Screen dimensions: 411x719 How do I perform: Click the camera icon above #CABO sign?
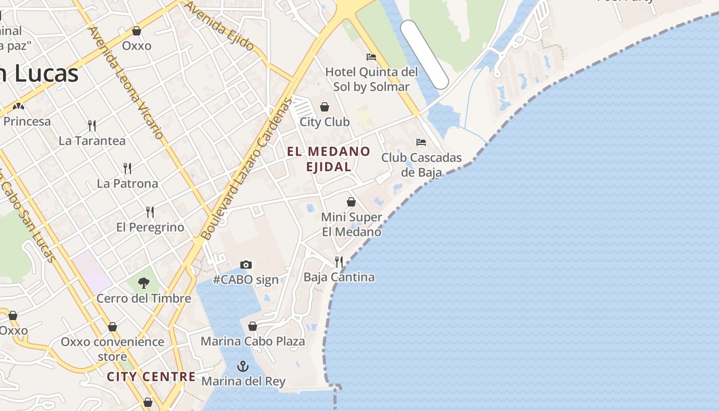246,265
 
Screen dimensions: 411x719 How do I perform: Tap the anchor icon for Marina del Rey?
242,366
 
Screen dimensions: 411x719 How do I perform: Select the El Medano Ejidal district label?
329,159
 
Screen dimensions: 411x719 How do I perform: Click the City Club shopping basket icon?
325,107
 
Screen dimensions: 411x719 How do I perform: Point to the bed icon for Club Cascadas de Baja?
421,142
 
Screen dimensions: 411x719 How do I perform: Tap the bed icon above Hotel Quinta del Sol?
371,57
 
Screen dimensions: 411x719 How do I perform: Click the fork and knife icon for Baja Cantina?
339,262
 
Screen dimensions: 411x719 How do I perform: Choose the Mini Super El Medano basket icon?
351,202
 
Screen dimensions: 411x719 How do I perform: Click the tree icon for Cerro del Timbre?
144,283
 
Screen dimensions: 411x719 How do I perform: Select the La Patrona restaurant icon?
127,168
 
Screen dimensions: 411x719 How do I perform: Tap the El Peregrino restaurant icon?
150,212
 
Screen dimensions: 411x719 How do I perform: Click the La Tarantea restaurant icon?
92,125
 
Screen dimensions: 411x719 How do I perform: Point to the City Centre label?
152,377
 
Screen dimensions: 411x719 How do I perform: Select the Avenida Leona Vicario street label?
126,82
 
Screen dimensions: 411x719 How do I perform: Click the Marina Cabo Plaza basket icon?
252,326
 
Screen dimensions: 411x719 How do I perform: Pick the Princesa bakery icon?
19,106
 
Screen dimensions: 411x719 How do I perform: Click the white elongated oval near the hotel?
424,54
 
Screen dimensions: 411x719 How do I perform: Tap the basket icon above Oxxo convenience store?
112,327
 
